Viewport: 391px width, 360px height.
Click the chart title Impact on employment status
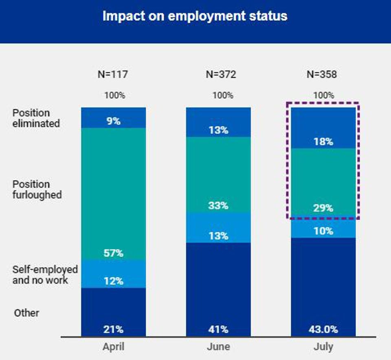click(195, 16)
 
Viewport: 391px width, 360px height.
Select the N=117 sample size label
click(113, 75)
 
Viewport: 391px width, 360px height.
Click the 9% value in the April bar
click(113, 121)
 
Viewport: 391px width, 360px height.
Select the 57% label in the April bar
click(113, 253)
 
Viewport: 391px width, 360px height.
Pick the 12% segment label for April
click(113, 281)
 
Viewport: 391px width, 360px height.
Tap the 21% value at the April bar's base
click(113, 329)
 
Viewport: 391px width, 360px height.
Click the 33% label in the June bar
click(218, 206)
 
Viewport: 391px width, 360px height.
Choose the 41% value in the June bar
click(218, 329)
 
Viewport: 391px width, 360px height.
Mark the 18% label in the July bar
click(323, 142)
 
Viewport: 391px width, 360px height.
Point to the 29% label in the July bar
click(323, 208)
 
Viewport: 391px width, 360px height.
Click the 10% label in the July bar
click(323, 231)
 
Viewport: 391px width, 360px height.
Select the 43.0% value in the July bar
click(323, 329)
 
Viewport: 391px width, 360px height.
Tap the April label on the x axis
click(113, 347)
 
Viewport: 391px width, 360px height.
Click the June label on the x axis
click(218, 347)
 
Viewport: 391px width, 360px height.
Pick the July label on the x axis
click(323, 347)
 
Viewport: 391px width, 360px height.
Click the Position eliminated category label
click(36, 118)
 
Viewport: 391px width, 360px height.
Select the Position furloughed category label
click(37, 190)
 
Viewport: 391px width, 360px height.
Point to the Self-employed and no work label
click(45, 275)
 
